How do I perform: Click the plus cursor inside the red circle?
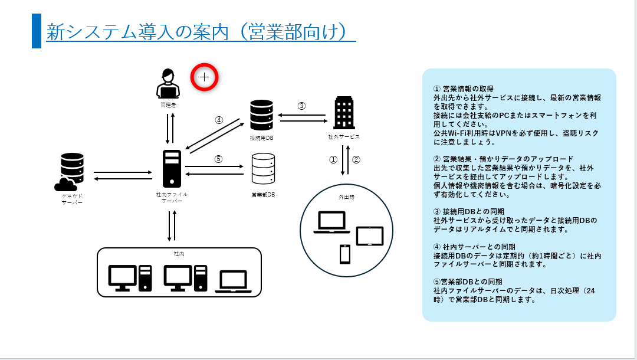[x=205, y=77]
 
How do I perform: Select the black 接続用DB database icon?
[x=261, y=115]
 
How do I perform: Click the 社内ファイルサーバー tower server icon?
[x=172, y=169]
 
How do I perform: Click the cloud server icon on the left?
[x=71, y=172]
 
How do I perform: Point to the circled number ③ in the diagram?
[x=301, y=106]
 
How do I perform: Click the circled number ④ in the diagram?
[x=219, y=120]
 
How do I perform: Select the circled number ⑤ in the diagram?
[x=218, y=158]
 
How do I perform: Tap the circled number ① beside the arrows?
[x=333, y=159]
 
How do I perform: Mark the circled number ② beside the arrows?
[x=356, y=159]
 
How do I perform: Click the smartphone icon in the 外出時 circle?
[x=345, y=254]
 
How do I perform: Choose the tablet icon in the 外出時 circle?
[x=370, y=236]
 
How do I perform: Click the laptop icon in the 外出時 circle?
[x=331, y=222]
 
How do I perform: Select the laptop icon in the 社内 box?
[x=233, y=282]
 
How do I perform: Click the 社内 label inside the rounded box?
[x=179, y=253]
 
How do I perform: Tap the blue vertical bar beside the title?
[x=36, y=31]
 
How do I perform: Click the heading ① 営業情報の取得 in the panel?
[x=464, y=89]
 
